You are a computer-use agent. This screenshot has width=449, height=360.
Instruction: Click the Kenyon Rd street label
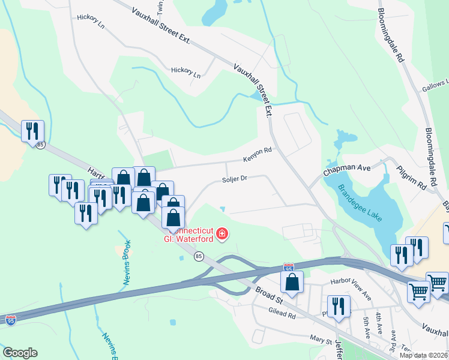[258, 155]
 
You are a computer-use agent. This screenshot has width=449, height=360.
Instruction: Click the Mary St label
[321, 340]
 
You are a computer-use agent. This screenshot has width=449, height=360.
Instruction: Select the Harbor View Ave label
[351, 287]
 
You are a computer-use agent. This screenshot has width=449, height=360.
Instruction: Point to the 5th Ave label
[366, 326]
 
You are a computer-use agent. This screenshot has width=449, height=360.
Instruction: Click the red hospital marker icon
[222, 233]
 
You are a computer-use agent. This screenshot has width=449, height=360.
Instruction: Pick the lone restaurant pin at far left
[32, 130]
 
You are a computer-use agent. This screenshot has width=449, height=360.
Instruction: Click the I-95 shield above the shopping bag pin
[289, 268]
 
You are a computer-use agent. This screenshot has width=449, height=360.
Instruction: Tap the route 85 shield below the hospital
[199, 257]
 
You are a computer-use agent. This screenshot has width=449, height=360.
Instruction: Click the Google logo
[20, 353]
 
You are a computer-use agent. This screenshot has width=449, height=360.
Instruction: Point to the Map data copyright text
[424, 355]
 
